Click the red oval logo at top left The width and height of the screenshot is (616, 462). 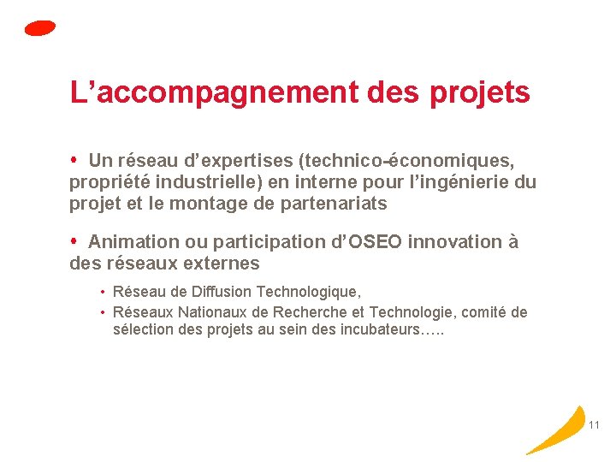[40, 28]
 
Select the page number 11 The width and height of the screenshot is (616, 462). [595, 425]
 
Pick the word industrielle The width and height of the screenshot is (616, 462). [206, 181]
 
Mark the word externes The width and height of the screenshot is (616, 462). [220, 264]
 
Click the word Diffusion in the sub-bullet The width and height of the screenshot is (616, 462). [218, 293]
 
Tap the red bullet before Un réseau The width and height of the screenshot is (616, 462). [75, 160]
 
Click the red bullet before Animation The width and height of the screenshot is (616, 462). [75, 241]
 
